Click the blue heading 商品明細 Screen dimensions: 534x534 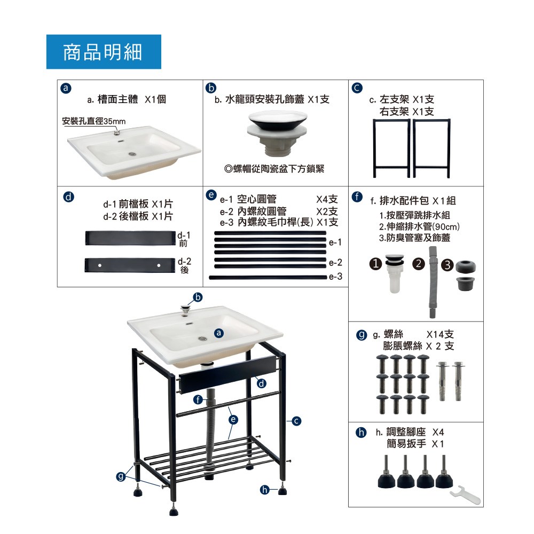pos(103,52)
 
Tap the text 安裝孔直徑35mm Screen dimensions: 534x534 pos(93,121)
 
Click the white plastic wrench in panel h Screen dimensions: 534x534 pos(465,494)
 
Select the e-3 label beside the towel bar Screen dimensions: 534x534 pos(335,277)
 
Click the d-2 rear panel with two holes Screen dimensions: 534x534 pos(129,265)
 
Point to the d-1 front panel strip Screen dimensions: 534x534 pos(130,238)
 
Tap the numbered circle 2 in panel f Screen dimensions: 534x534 pos(419,264)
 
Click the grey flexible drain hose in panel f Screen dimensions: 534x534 pos(433,282)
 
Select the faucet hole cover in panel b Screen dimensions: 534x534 pos(278,133)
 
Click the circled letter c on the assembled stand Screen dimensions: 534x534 pos(296,421)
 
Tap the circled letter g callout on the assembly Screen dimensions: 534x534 pos(121,476)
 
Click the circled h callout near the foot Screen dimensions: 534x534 pos(265,490)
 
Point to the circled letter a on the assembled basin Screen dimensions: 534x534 pos(219,333)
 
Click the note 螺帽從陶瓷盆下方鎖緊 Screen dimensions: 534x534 pos(274,169)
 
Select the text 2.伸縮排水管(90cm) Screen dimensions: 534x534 pos(419,226)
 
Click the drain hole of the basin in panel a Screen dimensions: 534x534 pos(132,154)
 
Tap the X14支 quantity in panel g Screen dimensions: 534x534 pos(440,334)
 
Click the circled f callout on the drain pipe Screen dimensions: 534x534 pos(198,399)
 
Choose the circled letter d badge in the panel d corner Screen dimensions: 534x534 pos(68,197)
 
